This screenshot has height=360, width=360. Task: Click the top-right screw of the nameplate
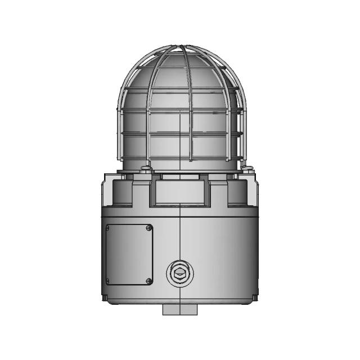coord(148,227)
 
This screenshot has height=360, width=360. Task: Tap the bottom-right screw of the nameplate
coord(148,281)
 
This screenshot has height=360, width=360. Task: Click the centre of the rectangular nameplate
coord(129,254)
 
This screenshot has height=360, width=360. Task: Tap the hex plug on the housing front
coord(180,274)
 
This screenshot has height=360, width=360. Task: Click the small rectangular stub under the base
coord(180,310)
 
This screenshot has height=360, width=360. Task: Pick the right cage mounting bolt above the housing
coord(248,167)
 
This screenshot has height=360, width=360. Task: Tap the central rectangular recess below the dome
coord(180,191)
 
